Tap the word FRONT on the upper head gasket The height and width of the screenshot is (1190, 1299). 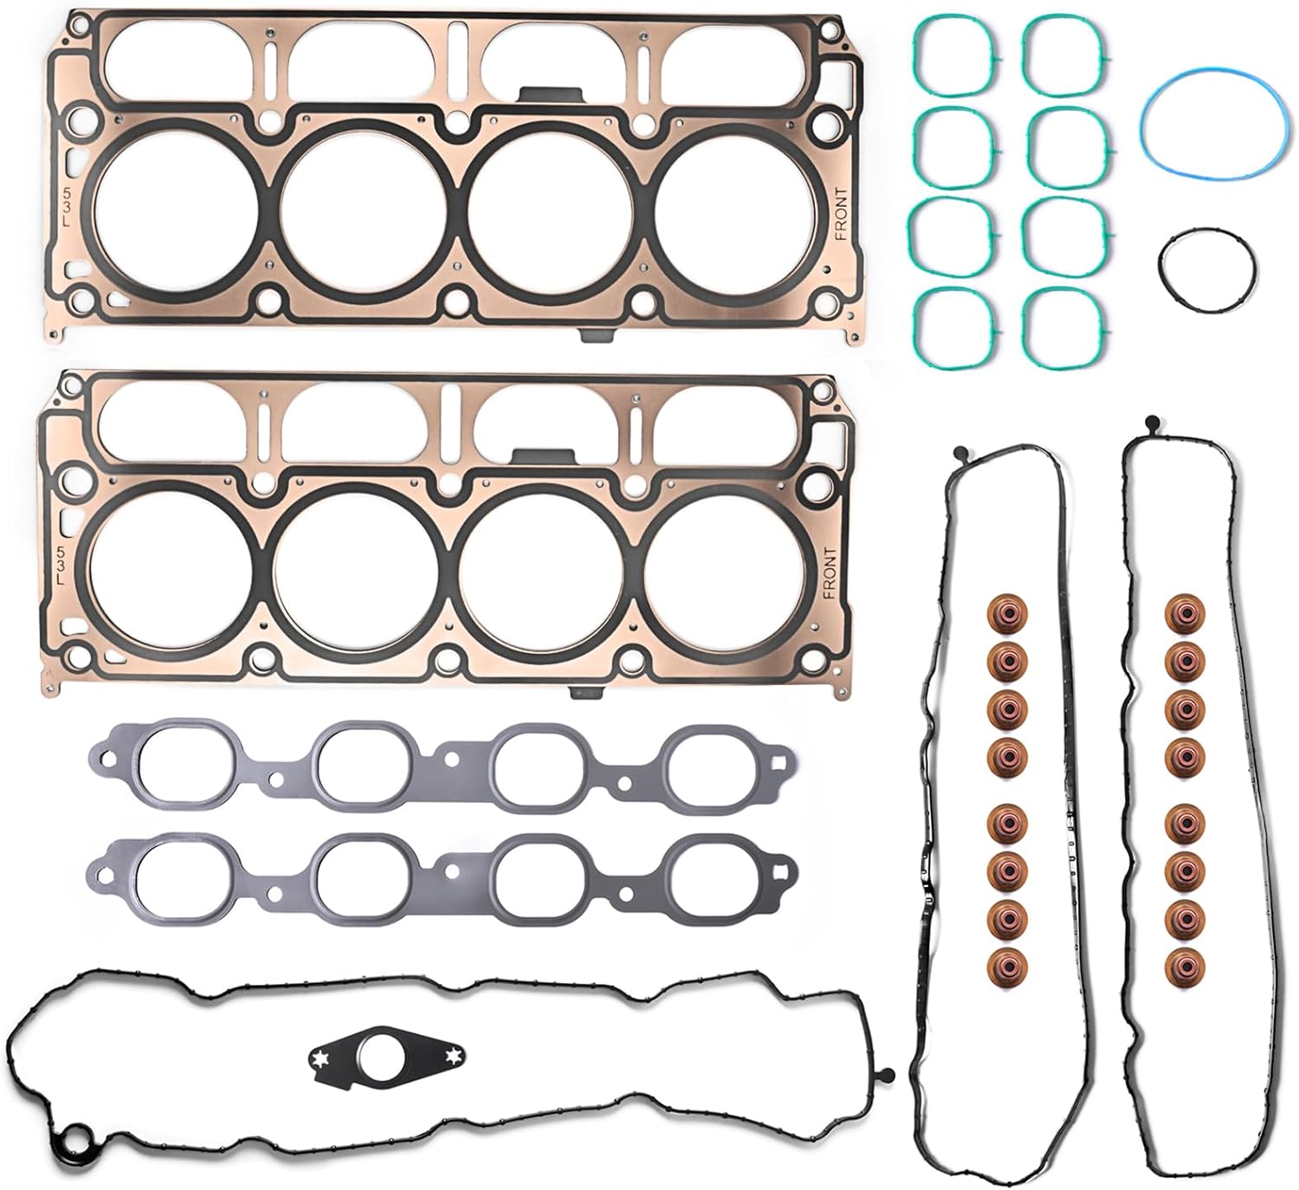[840, 215]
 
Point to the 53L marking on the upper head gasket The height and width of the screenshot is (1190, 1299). [66, 206]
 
